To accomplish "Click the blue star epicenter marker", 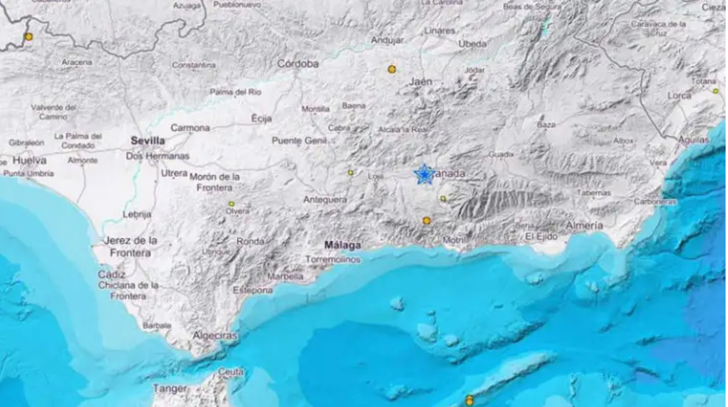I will pos(425,174).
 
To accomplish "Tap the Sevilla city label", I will pos(148,141).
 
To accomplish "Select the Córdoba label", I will pos(297,64).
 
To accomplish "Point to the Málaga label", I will pos(342,245).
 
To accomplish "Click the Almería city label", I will pos(584,226).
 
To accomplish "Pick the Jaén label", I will pos(421,82).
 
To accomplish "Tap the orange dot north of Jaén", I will pos(392,69).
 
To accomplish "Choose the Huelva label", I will pos(29,160).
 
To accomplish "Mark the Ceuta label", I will pos(230,371).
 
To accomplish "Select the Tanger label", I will pos(170,388).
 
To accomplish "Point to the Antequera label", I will pos(325,199).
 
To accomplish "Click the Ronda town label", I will pos(250,241).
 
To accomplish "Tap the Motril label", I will pos(454,240).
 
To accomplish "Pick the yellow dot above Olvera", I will pos(232,204).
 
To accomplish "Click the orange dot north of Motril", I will pos(426,220).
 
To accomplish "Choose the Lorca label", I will pos(680,95).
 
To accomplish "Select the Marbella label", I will pos(285,276).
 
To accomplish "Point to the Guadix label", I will pos(502,155).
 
